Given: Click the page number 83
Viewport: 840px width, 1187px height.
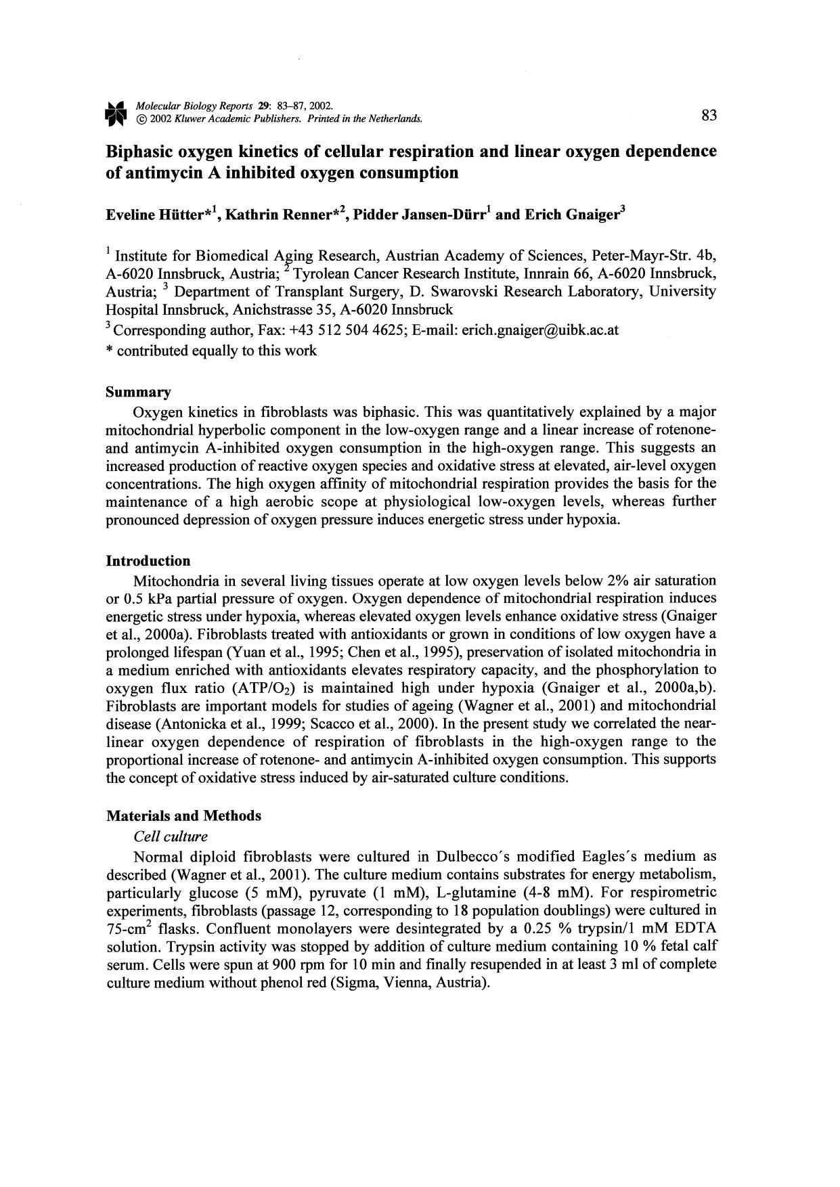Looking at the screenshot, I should coord(709,116).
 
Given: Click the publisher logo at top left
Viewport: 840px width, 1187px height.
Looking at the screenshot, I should coord(116,113).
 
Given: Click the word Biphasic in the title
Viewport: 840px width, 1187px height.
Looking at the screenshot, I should coord(139,152).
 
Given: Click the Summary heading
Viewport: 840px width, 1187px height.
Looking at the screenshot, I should coord(138,393).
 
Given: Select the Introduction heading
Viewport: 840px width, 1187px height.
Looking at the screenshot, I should coord(148,561).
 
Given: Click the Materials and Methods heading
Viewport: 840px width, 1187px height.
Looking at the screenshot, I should coord(183,815).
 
